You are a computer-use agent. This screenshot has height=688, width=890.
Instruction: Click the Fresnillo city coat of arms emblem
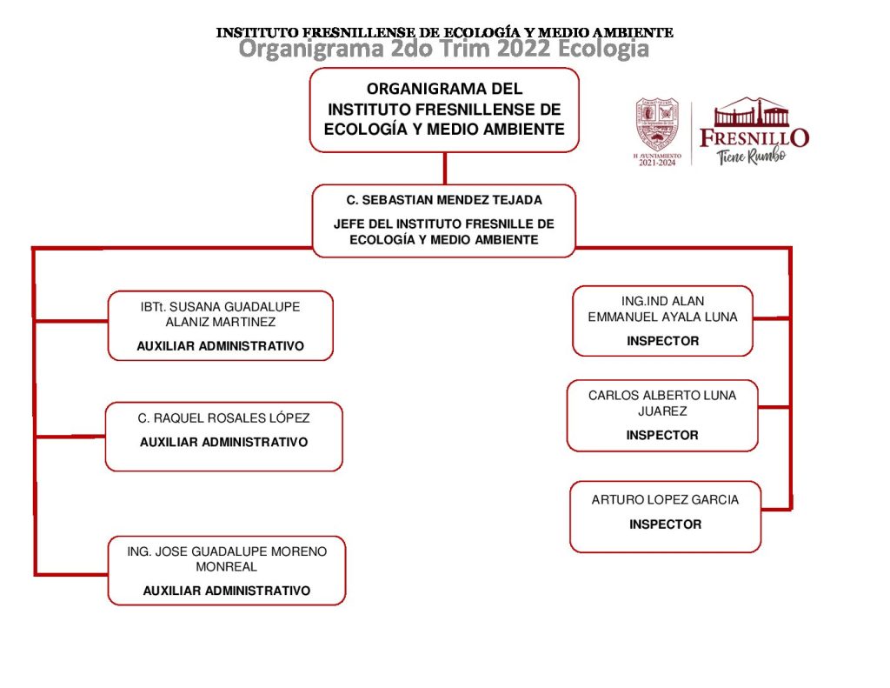click(656, 124)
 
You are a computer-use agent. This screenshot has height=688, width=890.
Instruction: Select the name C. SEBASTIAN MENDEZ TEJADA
click(443, 200)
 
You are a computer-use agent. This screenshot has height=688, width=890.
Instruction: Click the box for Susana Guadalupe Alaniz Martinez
click(220, 325)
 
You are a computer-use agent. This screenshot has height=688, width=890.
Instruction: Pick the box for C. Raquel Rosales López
click(223, 437)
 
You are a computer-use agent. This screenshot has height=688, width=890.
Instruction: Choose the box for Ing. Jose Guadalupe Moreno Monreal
click(226, 571)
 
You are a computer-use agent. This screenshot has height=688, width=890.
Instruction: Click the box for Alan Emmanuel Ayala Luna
click(662, 321)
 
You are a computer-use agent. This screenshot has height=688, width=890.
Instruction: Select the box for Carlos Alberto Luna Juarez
click(662, 416)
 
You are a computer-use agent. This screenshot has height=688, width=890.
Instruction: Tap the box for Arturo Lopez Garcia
click(665, 517)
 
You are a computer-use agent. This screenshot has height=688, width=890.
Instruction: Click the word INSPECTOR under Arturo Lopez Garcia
click(665, 524)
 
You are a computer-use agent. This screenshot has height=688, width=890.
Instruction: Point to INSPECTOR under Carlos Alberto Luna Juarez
click(662, 435)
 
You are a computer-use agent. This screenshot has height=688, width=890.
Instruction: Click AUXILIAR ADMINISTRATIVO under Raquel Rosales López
click(223, 442)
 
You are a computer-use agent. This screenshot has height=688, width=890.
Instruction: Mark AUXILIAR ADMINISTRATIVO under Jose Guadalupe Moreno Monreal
click(226, 591)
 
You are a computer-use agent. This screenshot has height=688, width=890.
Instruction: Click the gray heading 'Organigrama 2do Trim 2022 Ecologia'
click(443, 50)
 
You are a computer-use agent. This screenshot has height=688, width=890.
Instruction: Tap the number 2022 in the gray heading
click(524, 50)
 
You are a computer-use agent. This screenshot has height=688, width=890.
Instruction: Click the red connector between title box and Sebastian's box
click(444, 168)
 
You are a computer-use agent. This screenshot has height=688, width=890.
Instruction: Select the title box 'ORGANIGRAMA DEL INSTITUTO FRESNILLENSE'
click(444, 110)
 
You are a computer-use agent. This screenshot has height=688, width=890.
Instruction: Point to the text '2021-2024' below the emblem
click(656, 163)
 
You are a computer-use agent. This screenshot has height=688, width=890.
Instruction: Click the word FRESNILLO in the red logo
click(754, 137)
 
